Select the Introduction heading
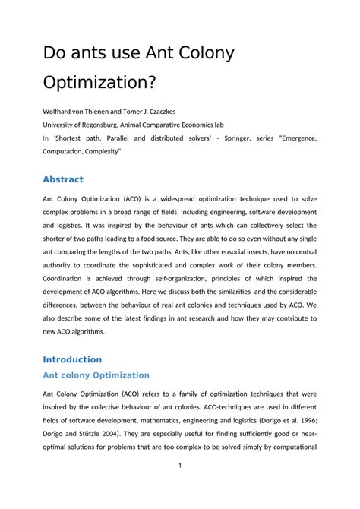click(72, 359)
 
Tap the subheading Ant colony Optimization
click(96, 375)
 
